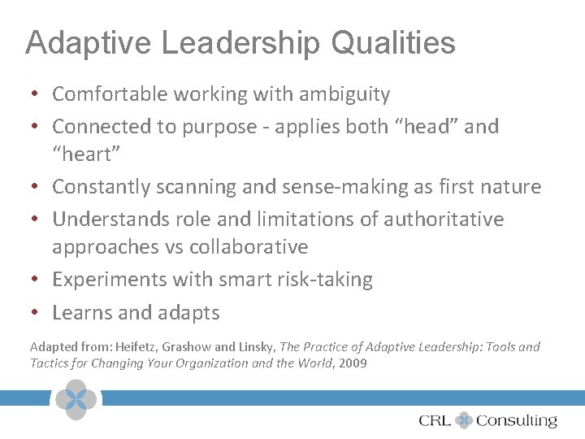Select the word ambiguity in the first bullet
(344, 94)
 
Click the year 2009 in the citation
(352, 363)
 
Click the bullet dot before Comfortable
(37, 95)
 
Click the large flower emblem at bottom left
(76, 399)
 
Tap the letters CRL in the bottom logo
(435, 420)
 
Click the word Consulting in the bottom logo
(517, 420)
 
